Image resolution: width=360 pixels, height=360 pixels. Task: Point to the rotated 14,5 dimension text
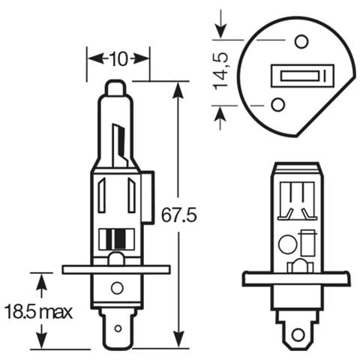(x=222, y=71)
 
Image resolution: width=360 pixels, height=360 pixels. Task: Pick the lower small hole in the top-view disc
(x=277, y=104)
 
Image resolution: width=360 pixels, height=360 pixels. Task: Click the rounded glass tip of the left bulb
(x=115, y=88)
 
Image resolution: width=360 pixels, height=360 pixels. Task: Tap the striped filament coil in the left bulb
(x=115, y=240)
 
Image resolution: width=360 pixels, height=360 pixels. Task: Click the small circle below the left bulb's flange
(x=116, y=287)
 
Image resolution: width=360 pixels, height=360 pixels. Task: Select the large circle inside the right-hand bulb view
(x=286, y=244)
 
